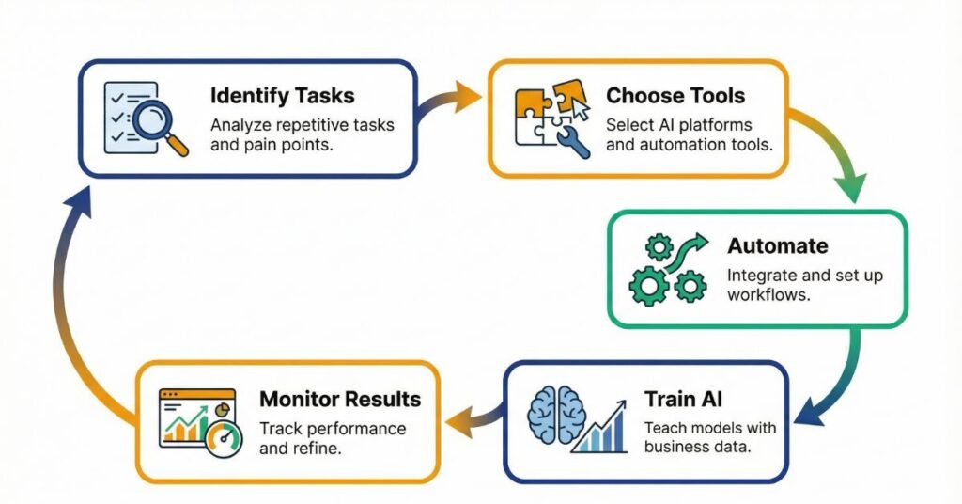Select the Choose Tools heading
coord(675,96)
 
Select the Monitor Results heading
coord(340,399)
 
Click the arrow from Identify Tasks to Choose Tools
coord(448,102)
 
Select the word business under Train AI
coord(678,447)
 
